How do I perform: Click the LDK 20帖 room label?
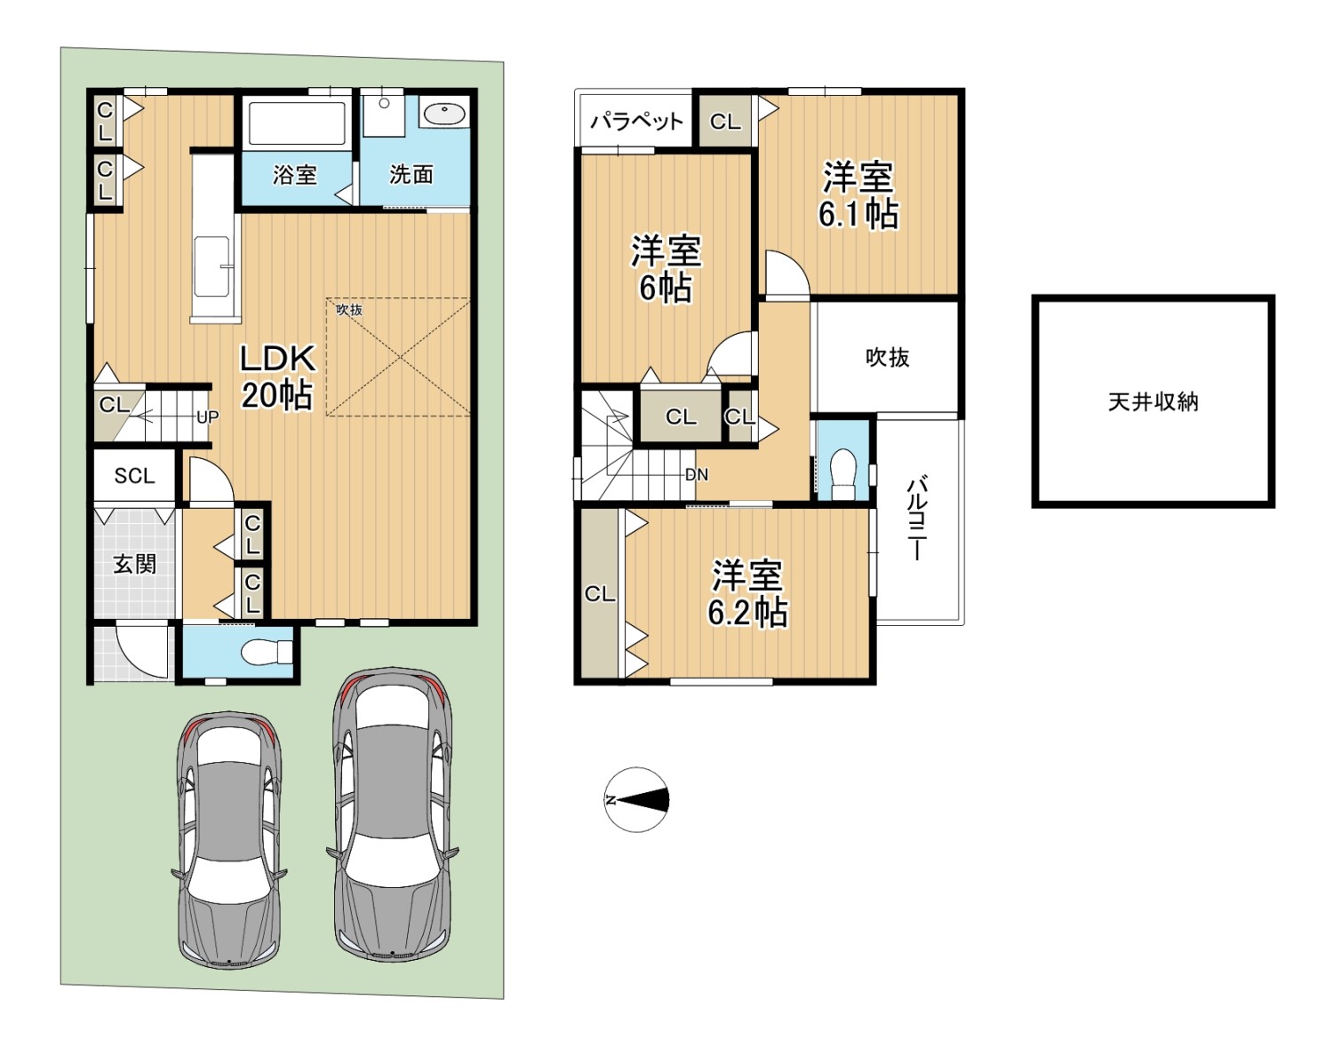click(277, 377)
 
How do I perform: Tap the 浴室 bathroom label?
click(294, 175)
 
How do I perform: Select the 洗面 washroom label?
click(411, 175)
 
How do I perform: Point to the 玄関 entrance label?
click(134, 563)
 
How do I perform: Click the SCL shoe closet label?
click(134, 475)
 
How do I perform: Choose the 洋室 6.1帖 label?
click(858, 195)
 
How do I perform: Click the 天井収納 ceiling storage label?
click(1153, 402)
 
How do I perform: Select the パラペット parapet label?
click(636, 122)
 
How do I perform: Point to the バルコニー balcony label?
click(918, 518)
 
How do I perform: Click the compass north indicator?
click(637, 800)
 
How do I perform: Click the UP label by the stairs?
click(207, 417)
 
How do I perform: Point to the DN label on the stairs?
click(696, 474)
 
